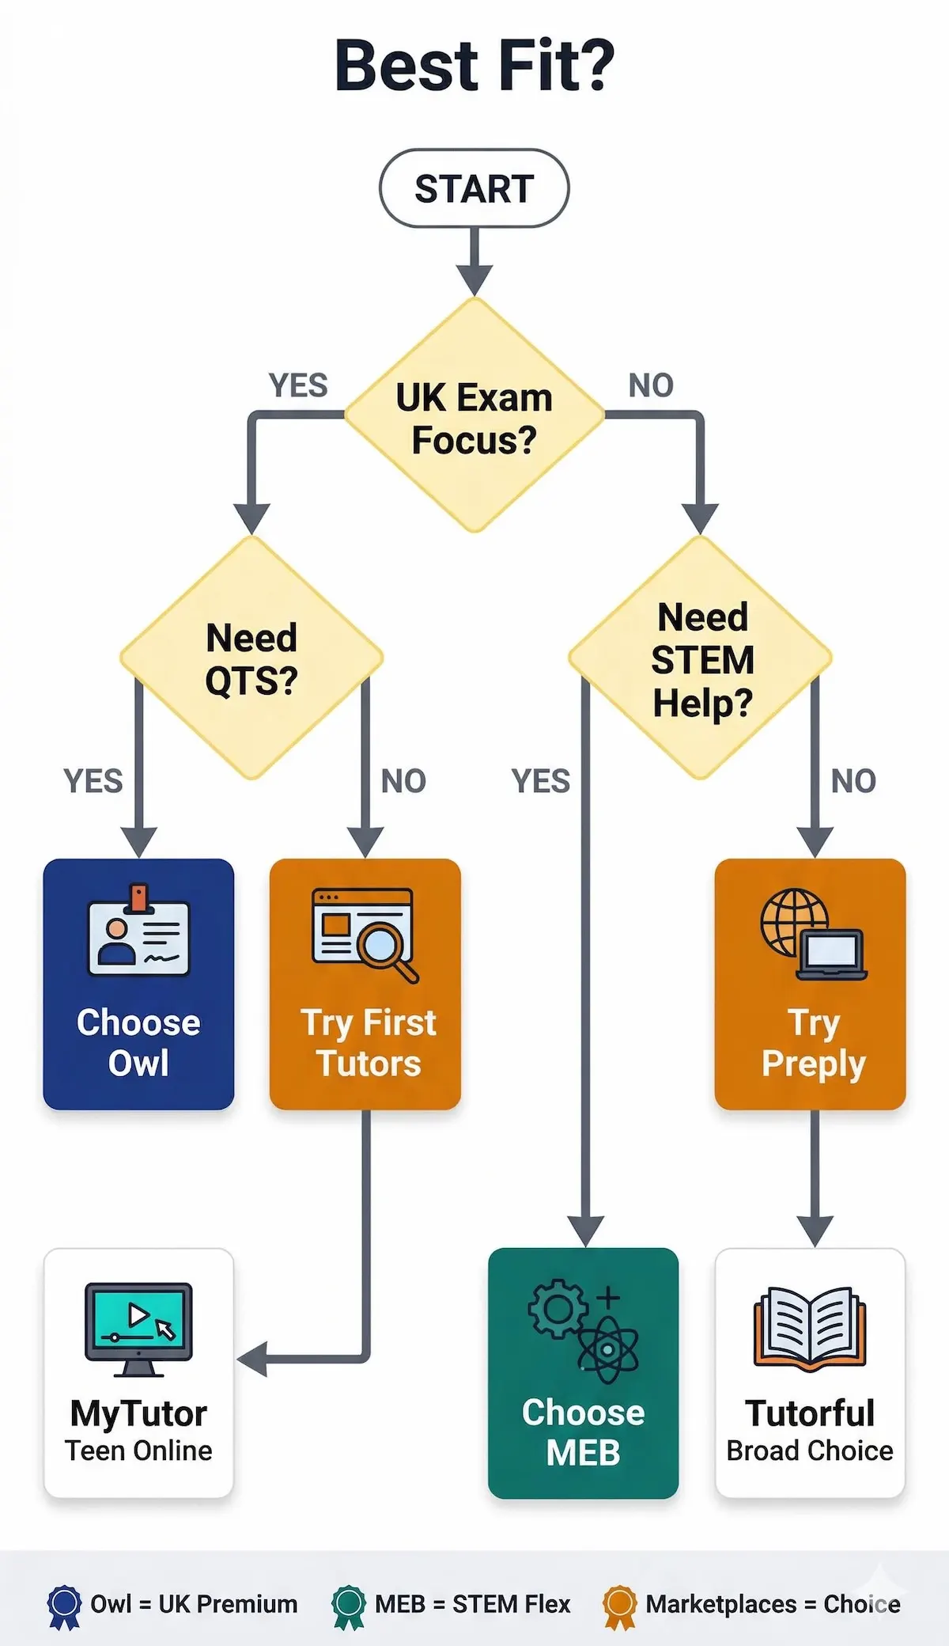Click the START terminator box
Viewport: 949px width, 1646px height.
coord(474,188)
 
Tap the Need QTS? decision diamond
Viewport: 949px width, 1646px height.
coord(251,658)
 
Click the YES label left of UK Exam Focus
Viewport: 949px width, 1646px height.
coord(298,385)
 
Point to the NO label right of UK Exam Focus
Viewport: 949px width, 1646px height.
coord(651,385)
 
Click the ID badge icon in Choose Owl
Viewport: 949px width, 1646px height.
coord(138,932)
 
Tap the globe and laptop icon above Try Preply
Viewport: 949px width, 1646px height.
coord(813,934)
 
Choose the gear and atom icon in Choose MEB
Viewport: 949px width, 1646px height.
coord(584,1329)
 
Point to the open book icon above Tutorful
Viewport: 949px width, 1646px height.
coord(810,1328)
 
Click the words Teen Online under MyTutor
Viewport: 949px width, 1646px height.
coord(138,1451)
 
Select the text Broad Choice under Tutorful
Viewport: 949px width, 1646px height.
coord(810,1451)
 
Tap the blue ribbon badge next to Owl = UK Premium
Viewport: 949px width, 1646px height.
coord(64,1605)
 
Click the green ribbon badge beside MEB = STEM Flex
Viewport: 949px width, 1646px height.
coord(348,1605)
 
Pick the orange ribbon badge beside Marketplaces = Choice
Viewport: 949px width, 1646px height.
coord(619,1605)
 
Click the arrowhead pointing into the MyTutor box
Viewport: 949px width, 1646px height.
coord(251,1360)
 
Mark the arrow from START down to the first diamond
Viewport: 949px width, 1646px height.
coord(475,261)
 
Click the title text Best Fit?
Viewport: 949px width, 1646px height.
coord(474,66)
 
